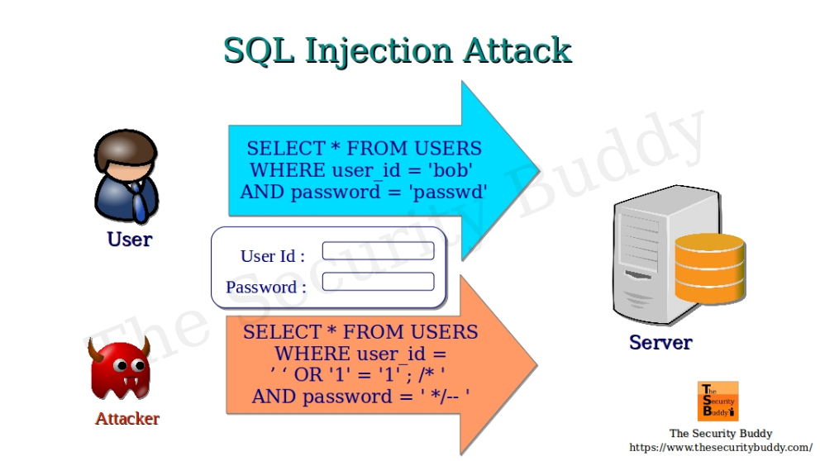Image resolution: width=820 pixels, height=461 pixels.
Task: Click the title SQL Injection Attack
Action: [x=398, y=51]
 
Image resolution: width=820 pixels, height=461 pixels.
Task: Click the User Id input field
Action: [x=378, y=251]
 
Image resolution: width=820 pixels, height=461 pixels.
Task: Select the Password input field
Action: [x=378, y=282]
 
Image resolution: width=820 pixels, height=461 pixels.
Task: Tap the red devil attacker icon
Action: [x=120, y=371]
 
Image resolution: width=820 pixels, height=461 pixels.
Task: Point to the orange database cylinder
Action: [x=709, y=269]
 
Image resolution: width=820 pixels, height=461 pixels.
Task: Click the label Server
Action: [x=660, y=343]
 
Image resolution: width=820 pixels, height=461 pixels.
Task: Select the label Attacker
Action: [x=127, y=418]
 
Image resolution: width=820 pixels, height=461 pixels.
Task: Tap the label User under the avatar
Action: [x=130, y=240]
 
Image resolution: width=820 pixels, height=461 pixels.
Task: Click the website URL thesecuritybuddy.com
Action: [x=720, y=447]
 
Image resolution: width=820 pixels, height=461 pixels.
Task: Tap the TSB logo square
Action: [x=717, y=402]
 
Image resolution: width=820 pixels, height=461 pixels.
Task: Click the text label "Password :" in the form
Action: [x=266, y=288]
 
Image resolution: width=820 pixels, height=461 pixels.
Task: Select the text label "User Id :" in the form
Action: [x=273, y=256]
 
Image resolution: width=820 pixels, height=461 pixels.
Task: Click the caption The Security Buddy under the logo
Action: [x=720, y=433]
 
